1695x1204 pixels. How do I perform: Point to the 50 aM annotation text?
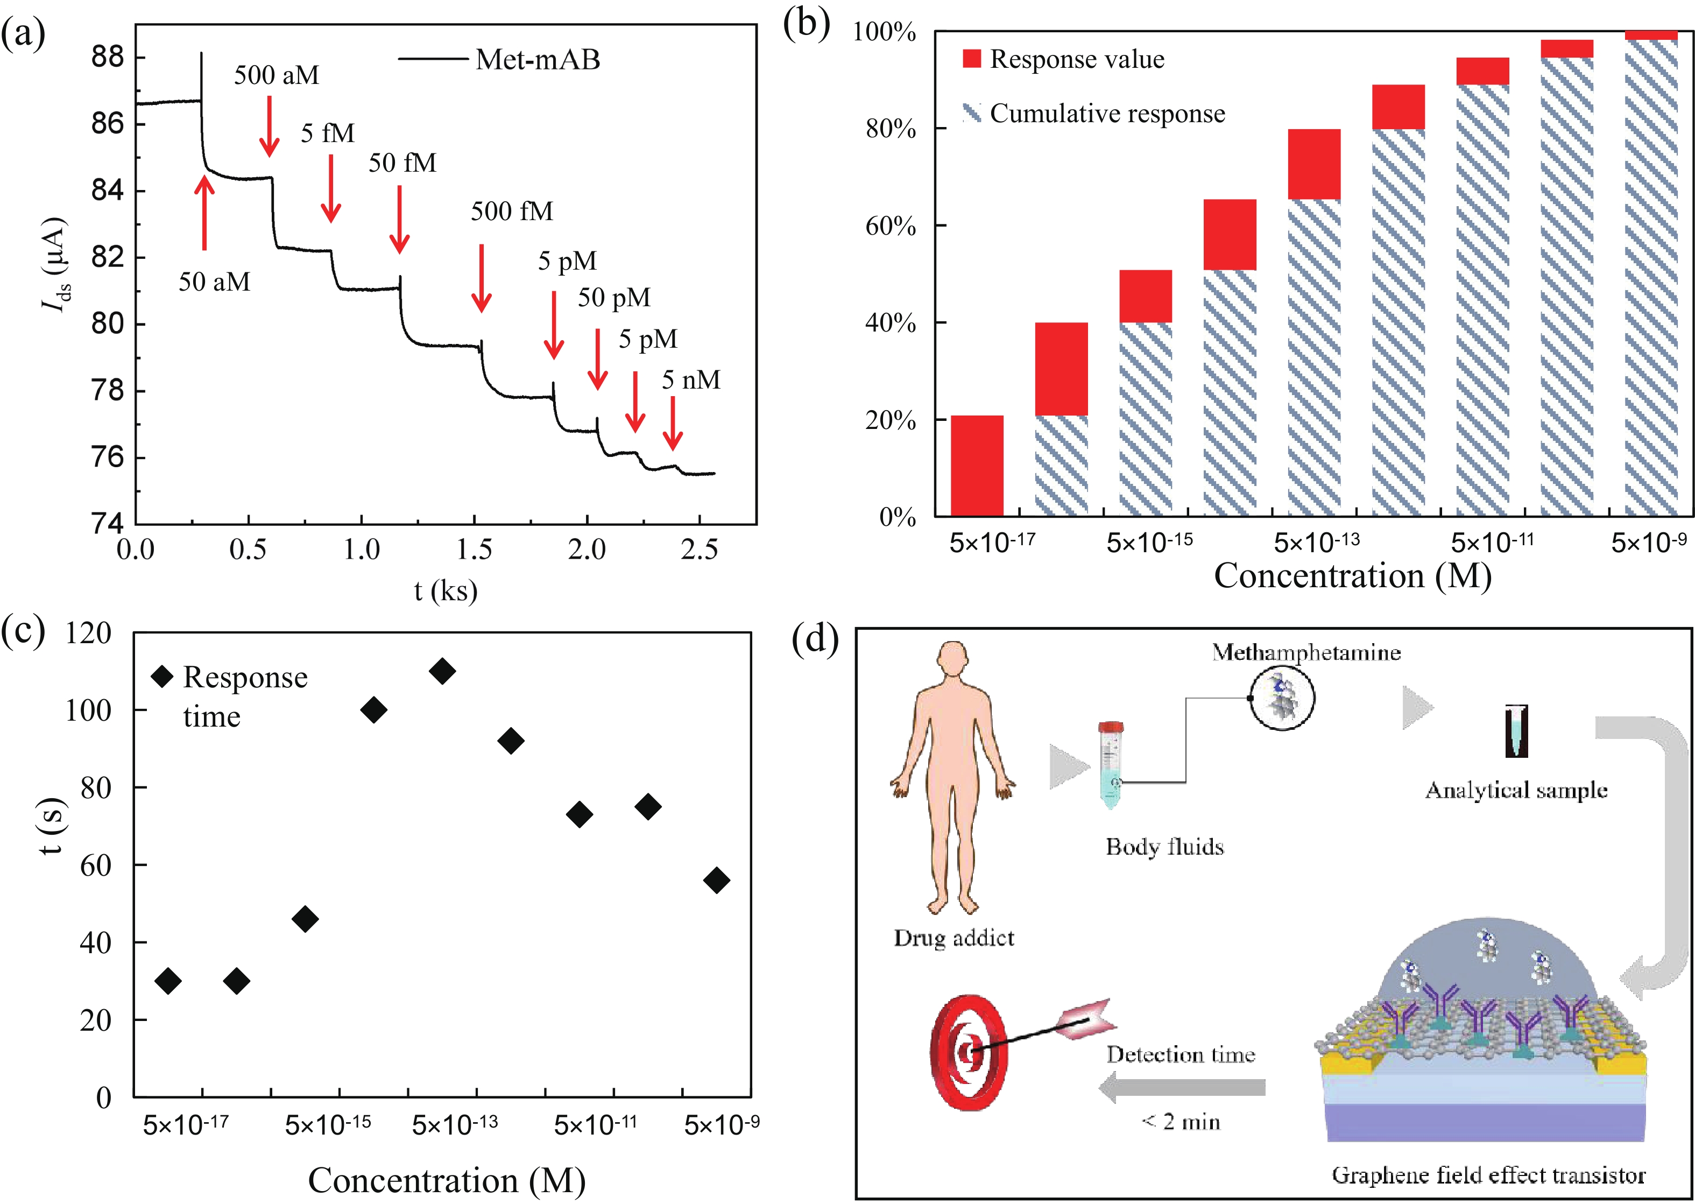214,281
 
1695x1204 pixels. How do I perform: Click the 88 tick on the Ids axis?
108,57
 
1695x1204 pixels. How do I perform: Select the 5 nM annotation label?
691,379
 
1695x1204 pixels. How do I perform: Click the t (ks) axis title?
446,591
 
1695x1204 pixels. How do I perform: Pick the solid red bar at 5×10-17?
977,466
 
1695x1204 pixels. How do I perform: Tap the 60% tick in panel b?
892,226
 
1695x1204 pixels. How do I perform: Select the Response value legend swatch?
972,59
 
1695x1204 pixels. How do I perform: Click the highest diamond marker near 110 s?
442,671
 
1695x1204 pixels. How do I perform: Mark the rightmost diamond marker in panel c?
717,880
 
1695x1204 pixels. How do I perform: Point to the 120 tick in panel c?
89,632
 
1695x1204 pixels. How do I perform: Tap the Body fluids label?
1164,847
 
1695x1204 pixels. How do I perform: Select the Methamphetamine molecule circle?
1281,699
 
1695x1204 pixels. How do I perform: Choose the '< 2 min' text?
1181,1121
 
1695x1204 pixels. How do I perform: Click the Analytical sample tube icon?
1516,730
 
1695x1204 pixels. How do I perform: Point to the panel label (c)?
23,632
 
